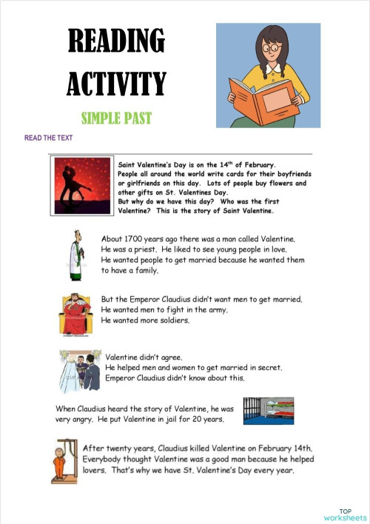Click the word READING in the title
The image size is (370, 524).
click(116, 42)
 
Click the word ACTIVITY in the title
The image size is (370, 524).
click(116, 83)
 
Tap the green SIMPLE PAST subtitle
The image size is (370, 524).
click(116, 117)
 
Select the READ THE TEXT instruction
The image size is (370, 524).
click(48, 138)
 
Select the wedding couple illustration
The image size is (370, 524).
click(81, 369)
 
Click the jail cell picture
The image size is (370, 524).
click(269, 411)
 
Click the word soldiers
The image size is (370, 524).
click(170, 320)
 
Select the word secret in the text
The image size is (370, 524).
click(265, 367)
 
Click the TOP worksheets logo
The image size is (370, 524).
click(345, 514)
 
